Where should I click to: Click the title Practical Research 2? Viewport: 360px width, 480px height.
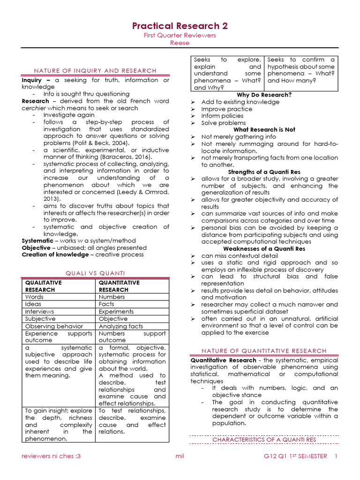coord(180,26)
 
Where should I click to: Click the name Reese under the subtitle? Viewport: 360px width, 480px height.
coord(180,43)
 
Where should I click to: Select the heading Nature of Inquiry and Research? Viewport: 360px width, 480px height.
coord(89,71)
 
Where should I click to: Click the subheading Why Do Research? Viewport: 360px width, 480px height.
coord(264,95)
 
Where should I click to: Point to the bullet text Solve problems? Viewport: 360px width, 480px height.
coord(223,123)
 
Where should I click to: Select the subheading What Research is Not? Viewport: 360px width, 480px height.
coord(264,130)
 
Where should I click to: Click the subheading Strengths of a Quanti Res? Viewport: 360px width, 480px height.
coord(264,172)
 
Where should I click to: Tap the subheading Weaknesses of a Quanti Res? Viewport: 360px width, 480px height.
coord(264,249)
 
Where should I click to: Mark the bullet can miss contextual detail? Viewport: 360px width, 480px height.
coord(239,256)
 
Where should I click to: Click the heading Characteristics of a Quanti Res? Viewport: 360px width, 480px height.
coord(264,440)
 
